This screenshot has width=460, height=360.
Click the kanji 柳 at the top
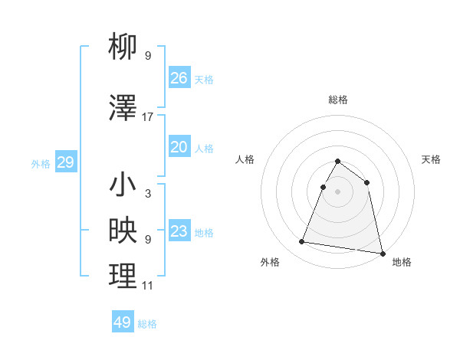click(x=123, y=47)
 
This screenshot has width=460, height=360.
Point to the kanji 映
click(x=123, y=231)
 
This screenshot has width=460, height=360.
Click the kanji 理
click(x=123, y=277)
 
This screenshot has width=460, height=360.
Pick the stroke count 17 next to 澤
click(x=148, y=117)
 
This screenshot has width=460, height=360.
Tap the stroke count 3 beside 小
click(x=148, y=194)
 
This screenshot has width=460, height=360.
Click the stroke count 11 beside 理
click(x=148, y=286)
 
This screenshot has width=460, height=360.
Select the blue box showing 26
click(x=179, y=78)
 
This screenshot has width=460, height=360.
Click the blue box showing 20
click(x=179, y=147)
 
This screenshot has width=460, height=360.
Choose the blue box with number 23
click(x=179, y=231)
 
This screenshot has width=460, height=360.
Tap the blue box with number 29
click(x=65, y=162)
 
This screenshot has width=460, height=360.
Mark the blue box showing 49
click(x=123, y=322)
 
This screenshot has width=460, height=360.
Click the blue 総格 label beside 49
click(x=147, y=324)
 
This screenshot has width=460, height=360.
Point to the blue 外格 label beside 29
click(x=41, y=164)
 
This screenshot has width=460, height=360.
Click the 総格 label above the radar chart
click(x=338, y=100)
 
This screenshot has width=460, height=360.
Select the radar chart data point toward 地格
click(x=381, y=252)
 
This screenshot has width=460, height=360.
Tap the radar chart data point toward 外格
click(x=302, y=242)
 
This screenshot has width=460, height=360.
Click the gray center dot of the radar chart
click(x=337, y=191)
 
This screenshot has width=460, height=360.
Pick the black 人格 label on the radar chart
click(x=245, y=159)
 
